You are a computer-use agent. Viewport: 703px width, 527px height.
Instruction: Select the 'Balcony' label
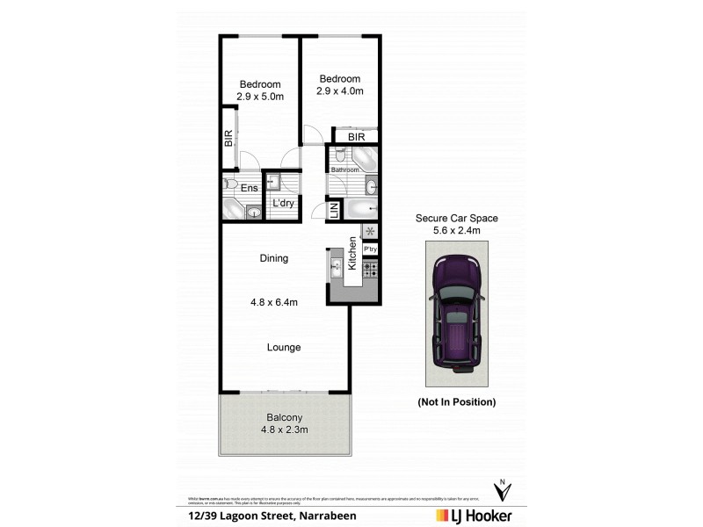[285, 417]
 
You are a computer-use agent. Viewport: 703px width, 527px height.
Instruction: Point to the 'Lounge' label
[284, 347]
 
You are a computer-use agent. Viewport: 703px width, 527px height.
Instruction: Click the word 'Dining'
[274, 258]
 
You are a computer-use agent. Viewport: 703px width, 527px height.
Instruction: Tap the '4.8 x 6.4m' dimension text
[274, 303]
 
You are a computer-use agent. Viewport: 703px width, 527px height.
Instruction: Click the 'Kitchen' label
[352, 253]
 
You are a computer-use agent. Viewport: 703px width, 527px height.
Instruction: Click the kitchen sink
[336, 265]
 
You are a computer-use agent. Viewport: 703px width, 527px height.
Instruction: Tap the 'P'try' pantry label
[370, 249]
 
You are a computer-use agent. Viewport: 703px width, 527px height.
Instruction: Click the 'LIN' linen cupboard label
[334, 211]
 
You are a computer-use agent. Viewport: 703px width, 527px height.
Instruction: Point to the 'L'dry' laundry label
[283, 204]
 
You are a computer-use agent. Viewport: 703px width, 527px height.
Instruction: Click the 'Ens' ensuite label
[250, 187]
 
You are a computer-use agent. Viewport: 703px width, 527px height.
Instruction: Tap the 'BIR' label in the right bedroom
[356, 137]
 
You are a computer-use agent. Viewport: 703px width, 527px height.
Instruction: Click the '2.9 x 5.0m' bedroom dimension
[260, 97]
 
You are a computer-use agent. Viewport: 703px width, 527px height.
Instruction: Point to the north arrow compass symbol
[502, 490]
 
